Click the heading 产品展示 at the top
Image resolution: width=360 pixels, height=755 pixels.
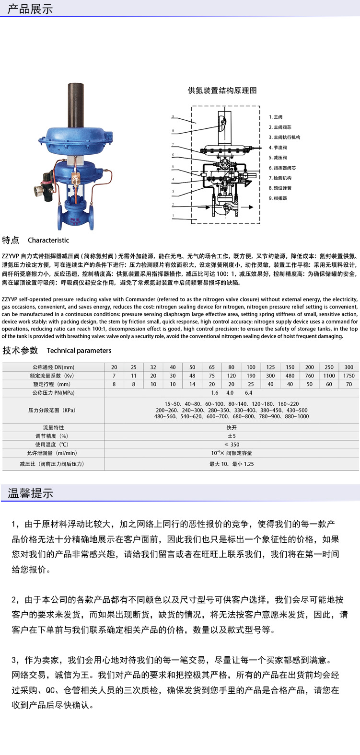coord(30,9)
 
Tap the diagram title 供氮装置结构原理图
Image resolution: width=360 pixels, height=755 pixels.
coord(222,90)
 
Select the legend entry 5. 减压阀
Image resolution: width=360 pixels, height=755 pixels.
coord(278,158)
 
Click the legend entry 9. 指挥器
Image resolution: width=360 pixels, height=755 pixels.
coord(278,198)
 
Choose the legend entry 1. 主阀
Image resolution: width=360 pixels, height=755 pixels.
coord(276,117)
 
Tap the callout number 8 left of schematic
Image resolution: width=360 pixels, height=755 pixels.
coord(173,131)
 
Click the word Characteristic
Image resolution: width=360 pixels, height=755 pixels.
coord(48,240)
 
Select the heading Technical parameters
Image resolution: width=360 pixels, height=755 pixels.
coord(79,351)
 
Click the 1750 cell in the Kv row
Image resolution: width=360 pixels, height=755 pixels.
coord(348,376)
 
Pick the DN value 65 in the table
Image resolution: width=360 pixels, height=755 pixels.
coord(211,367)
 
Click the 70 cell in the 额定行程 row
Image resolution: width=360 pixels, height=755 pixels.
coord(348,384)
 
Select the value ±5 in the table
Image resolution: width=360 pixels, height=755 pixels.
coord(232,436)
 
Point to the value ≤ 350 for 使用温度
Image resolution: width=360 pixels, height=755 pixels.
coord(232,445)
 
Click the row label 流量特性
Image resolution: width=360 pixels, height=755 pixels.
coord(53,427)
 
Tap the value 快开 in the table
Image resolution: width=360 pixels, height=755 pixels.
coord(232,427)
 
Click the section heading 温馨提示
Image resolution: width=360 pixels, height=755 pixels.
coord(30,493)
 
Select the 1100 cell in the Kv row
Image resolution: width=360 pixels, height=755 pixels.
coord(329,376)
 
